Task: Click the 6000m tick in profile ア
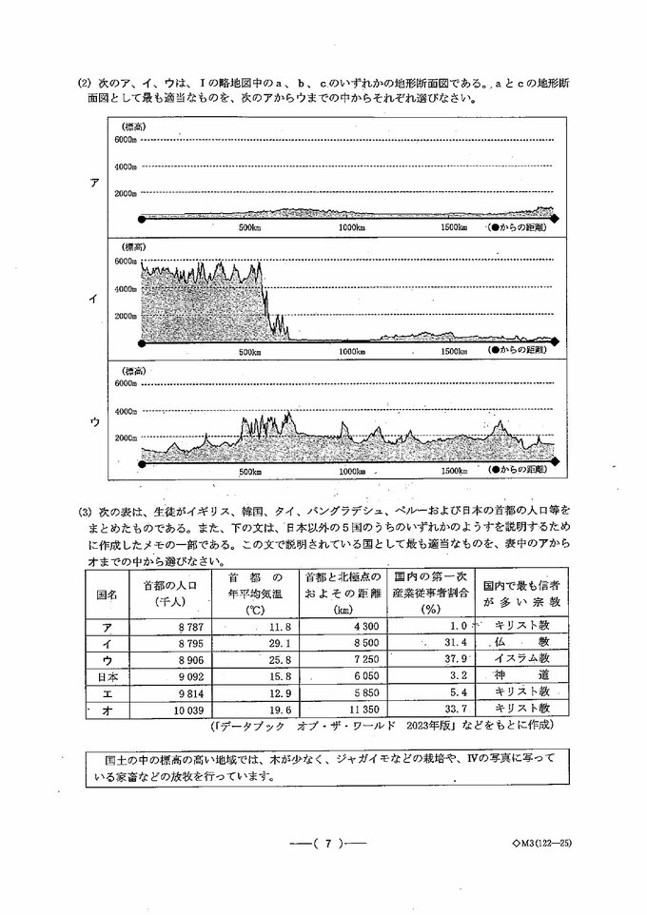click(x=127, y=140)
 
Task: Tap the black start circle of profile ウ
click(x=142, y=462)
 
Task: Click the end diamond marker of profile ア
click(x=557, y=219)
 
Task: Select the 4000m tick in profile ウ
click(x=127, y=412)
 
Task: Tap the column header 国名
click(x=107, y=594)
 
